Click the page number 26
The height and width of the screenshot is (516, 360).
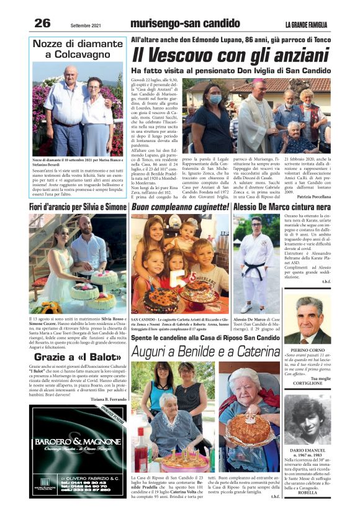pyautogui.click(x=42, y=23)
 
